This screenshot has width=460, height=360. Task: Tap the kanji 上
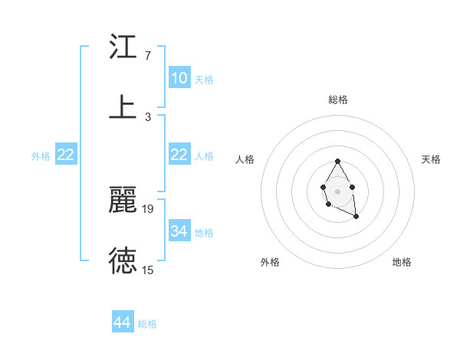tap(123, 106)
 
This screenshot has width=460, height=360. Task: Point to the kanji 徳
tap(123, 260)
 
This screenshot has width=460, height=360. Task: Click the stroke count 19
tap(148, 208)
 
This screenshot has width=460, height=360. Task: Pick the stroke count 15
tap(148, 269)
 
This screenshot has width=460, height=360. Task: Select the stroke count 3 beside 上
tap(147, 116)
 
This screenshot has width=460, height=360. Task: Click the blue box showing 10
tap(179, 78)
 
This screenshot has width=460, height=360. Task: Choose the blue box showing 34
tap(179, 231)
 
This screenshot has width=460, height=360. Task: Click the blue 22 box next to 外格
tap(66, 155)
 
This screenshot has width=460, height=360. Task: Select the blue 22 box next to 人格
tap(179, 155)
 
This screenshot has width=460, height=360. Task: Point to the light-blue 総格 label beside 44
tap(147, 324)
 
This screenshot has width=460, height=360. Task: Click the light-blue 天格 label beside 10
tap(203, 80)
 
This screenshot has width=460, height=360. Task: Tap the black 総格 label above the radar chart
tap(337, 100)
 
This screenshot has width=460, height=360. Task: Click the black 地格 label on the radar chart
tap(402, 262)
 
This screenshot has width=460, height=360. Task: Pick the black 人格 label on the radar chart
tap(245, 159)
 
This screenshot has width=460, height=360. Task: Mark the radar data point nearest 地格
tap(356, 217)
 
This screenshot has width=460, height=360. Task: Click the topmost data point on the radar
tap(337, 161)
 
